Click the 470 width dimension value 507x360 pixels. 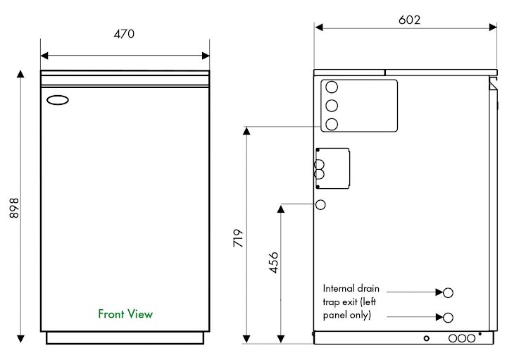tap(125, 34)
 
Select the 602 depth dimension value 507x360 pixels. tap(409, 20)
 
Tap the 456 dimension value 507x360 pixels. tap(273, 263)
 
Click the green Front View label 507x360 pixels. tap(125, 314)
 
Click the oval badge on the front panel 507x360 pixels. tap(58, 100)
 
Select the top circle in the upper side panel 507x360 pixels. tap(332, 87)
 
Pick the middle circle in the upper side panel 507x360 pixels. tap(332, 106)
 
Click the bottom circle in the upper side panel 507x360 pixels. tap(332, 125)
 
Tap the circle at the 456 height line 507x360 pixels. tap(320, 205)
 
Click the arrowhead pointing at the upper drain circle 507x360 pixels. tap(439, 291)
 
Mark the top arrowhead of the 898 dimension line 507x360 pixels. tap(20, 74)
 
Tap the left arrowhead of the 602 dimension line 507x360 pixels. tap(318, 27)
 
